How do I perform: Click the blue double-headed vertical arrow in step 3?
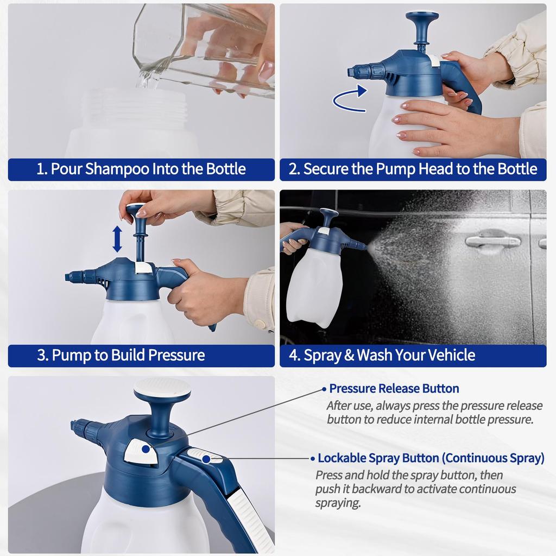click(x=117, y=239)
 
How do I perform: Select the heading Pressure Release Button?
click(x=394, y=389)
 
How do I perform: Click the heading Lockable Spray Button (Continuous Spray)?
click(x=431, y=458)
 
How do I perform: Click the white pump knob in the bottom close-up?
click(x=162, y=389)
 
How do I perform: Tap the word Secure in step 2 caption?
click(x=326, y=169)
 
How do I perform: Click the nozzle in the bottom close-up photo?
click(x=81, y=427)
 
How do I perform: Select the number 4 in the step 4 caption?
click(x=294, y=356)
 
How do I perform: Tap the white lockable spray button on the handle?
click(x=204, y=457)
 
